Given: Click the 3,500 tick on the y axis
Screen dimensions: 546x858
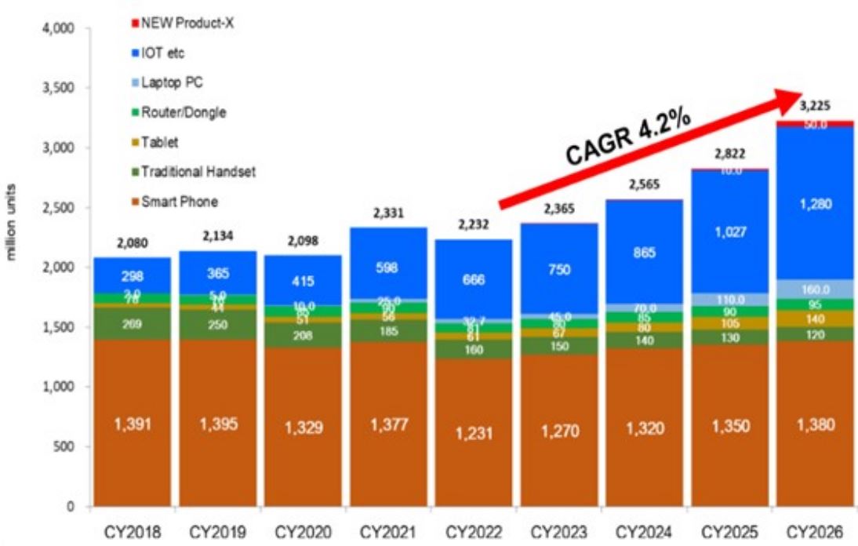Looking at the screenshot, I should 57,89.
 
